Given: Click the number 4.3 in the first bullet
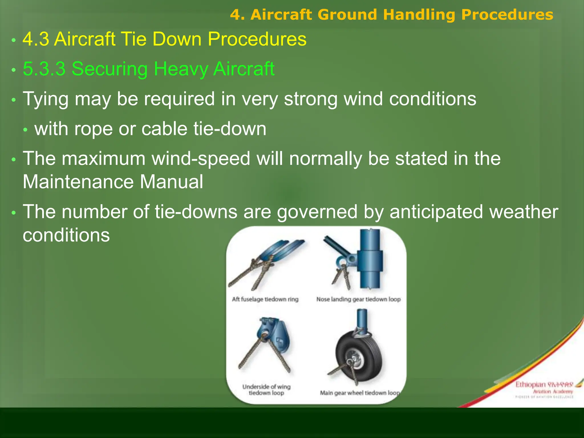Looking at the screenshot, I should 36,39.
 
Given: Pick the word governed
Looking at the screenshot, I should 317,212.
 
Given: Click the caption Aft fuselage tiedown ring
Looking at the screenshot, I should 265,299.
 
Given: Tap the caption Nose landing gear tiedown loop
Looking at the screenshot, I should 358,299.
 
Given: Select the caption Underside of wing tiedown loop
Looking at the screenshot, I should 266,390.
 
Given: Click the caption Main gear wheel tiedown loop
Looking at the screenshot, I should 359,393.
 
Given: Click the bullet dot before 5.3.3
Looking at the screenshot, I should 13,70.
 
